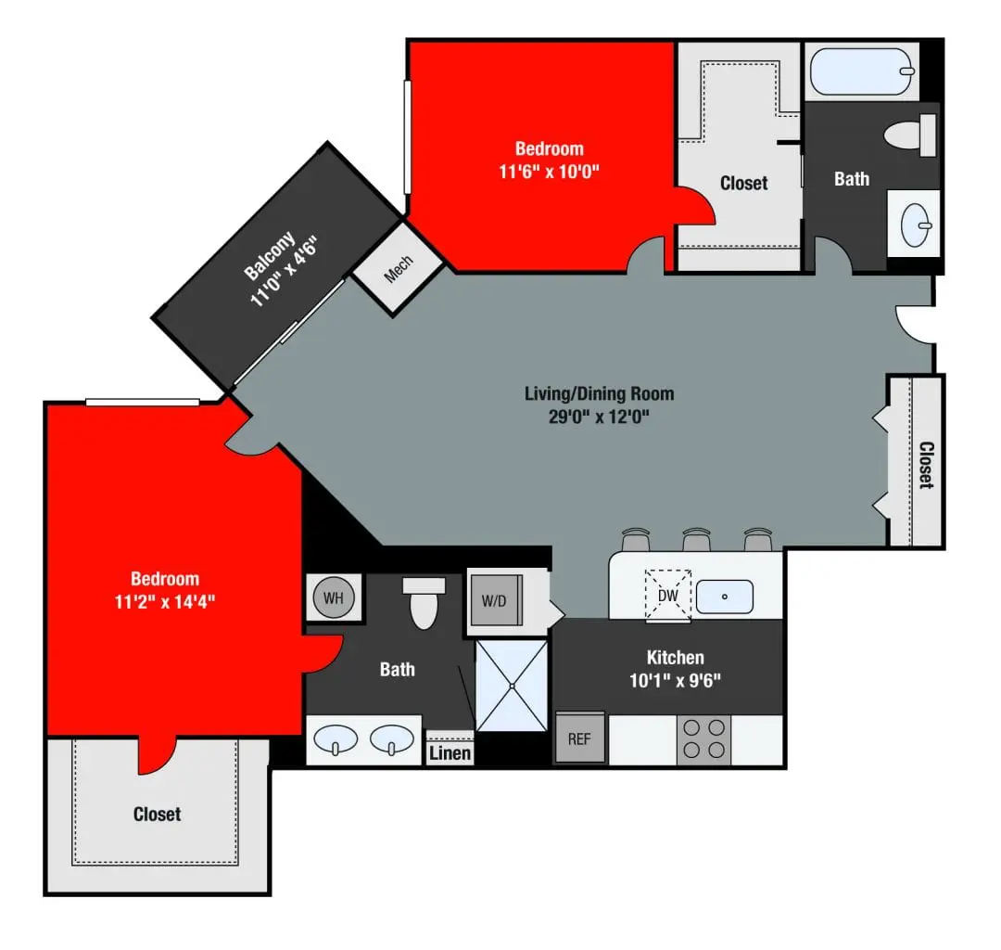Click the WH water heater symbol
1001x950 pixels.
333,597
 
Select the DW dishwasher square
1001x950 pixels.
667,595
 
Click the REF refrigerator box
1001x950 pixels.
579,738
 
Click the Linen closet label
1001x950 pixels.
450,752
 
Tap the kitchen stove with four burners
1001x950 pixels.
703,739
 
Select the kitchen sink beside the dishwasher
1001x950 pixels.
724,595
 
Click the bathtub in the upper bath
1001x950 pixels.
862,71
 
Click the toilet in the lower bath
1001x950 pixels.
423,602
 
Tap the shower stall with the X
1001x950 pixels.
511,686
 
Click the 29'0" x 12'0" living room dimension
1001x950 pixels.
599,417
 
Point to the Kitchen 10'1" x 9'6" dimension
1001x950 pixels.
675,680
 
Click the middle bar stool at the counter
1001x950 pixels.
696,540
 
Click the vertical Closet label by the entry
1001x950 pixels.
925,464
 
